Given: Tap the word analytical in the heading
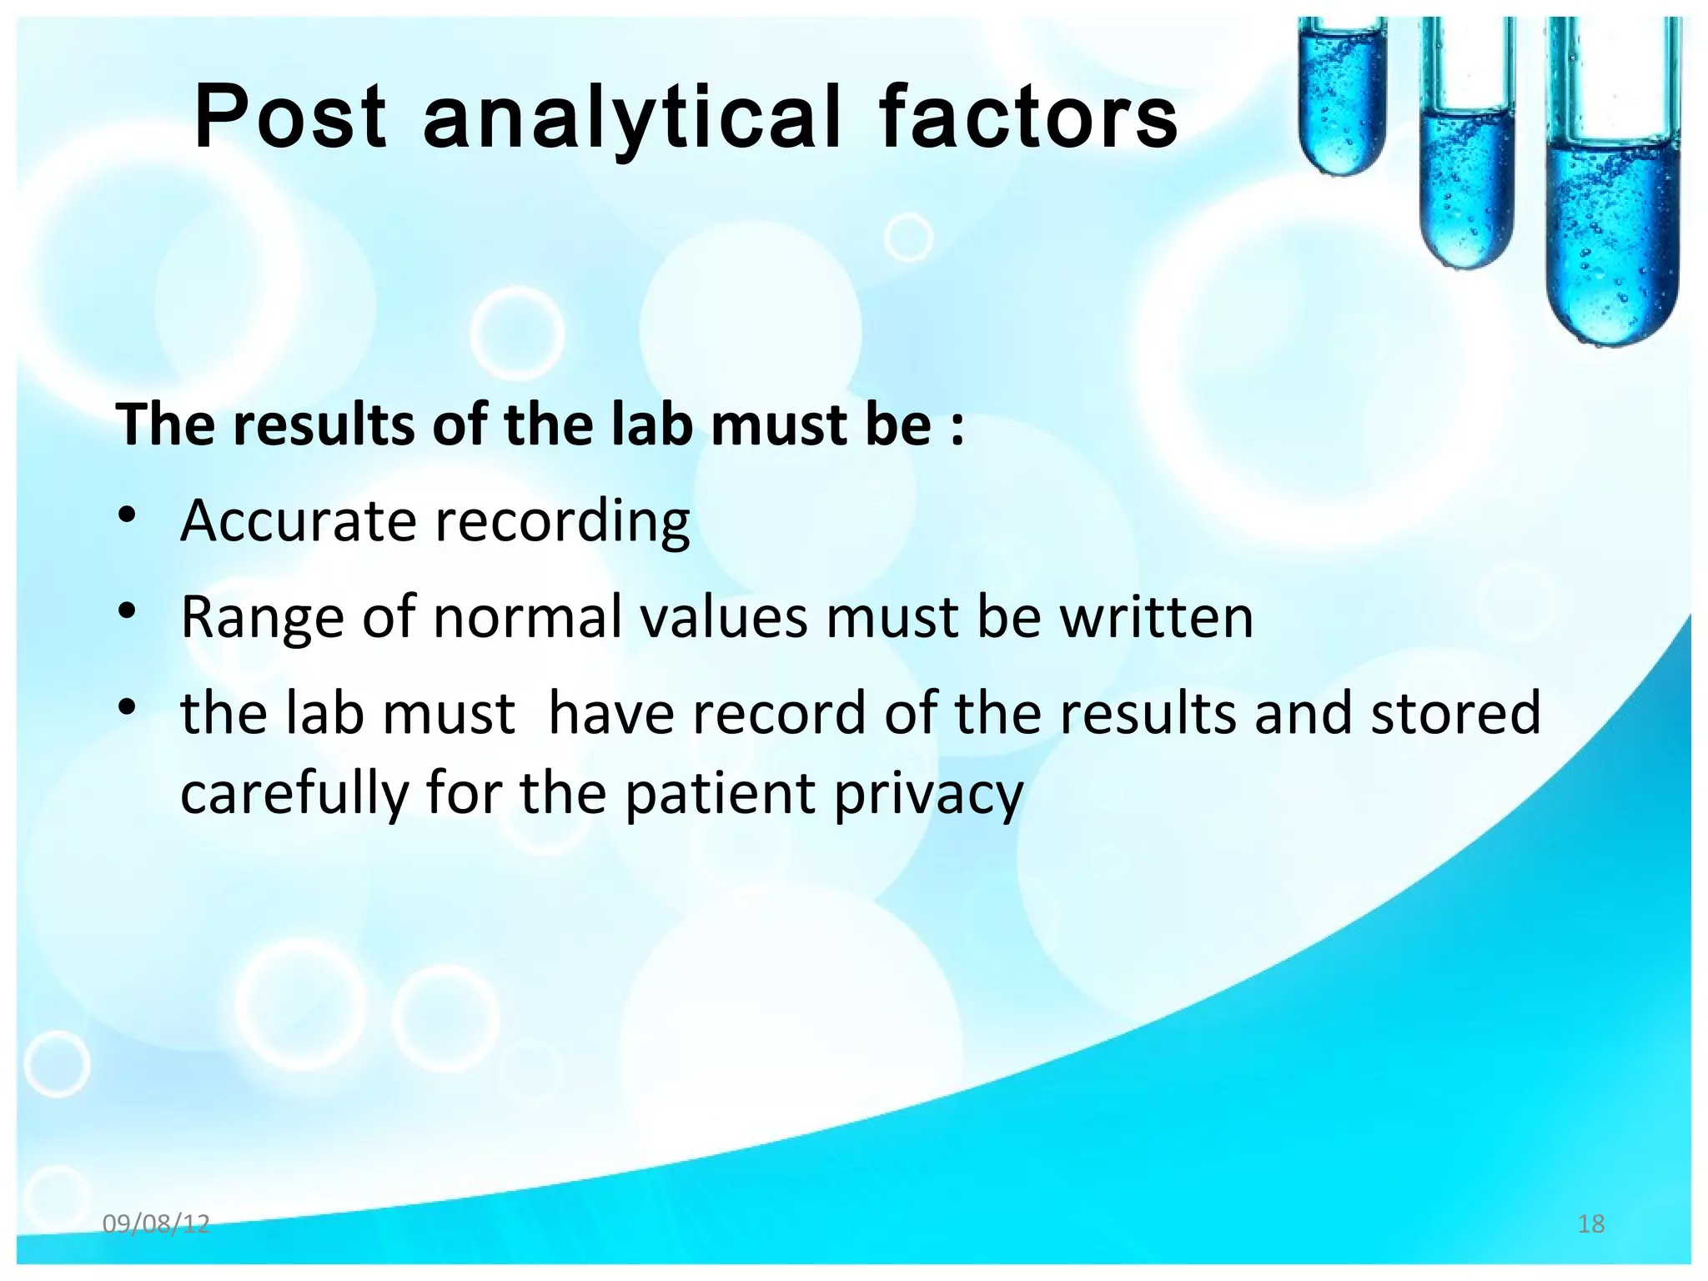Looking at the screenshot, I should coord(631,118).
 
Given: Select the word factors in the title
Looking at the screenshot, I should coord(1027,118).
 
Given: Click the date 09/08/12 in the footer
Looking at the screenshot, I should coord(156,1223).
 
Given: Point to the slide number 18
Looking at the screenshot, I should coord(1591,1223).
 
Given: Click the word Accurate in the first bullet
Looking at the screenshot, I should coord(299,520).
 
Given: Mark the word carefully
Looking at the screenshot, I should coord(294,794).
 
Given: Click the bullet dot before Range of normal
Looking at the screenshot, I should coord(126,613).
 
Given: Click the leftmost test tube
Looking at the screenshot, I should coord(1342,100).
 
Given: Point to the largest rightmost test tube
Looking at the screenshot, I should coord(1611,208).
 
